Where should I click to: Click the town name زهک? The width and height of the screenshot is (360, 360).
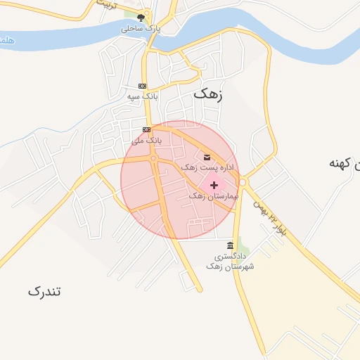(x=207, y=94)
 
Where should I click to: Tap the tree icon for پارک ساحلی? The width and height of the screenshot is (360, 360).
(x=141, y=18)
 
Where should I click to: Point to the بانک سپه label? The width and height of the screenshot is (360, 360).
(x=143, y=95)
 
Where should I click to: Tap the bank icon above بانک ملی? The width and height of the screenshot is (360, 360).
(x=146, y=129)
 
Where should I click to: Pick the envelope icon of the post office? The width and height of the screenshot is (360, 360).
(x=206, y=157)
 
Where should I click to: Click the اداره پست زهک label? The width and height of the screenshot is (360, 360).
(x=205, y=167)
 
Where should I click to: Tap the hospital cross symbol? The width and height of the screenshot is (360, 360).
(x=214, y=185)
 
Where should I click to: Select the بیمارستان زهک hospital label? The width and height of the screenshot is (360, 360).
(x=214, y=195)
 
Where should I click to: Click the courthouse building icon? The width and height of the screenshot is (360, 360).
(x=230, y=245)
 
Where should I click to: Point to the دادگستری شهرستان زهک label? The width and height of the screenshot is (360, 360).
(x=230, y=262)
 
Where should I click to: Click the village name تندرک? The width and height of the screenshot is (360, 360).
(x=45, y=290)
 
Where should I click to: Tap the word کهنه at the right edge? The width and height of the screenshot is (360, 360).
(x=344, y=163)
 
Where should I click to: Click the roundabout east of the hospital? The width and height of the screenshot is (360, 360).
(x=243, y=182)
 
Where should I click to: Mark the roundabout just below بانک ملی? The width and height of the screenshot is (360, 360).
(x=153, y=159)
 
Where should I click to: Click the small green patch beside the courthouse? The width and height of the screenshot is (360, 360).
(x=243, y=247)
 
